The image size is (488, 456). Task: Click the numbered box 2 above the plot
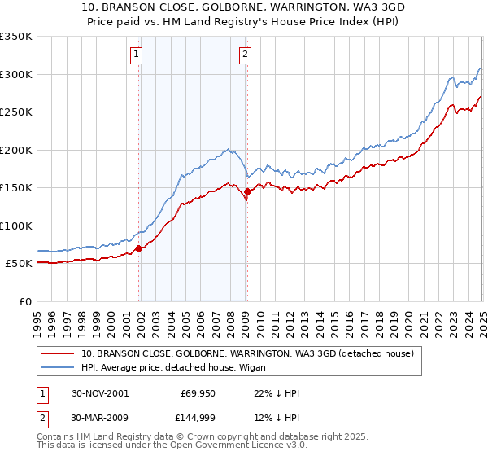(245, 55)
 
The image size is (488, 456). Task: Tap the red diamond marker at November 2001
(139, 248)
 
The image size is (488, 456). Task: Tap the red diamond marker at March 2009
(247, 192)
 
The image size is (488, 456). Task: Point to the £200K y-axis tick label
(16, 150)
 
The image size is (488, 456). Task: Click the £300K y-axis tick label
(16, 74)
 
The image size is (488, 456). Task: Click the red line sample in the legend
(59, 353)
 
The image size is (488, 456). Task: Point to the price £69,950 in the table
(198, 393)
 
